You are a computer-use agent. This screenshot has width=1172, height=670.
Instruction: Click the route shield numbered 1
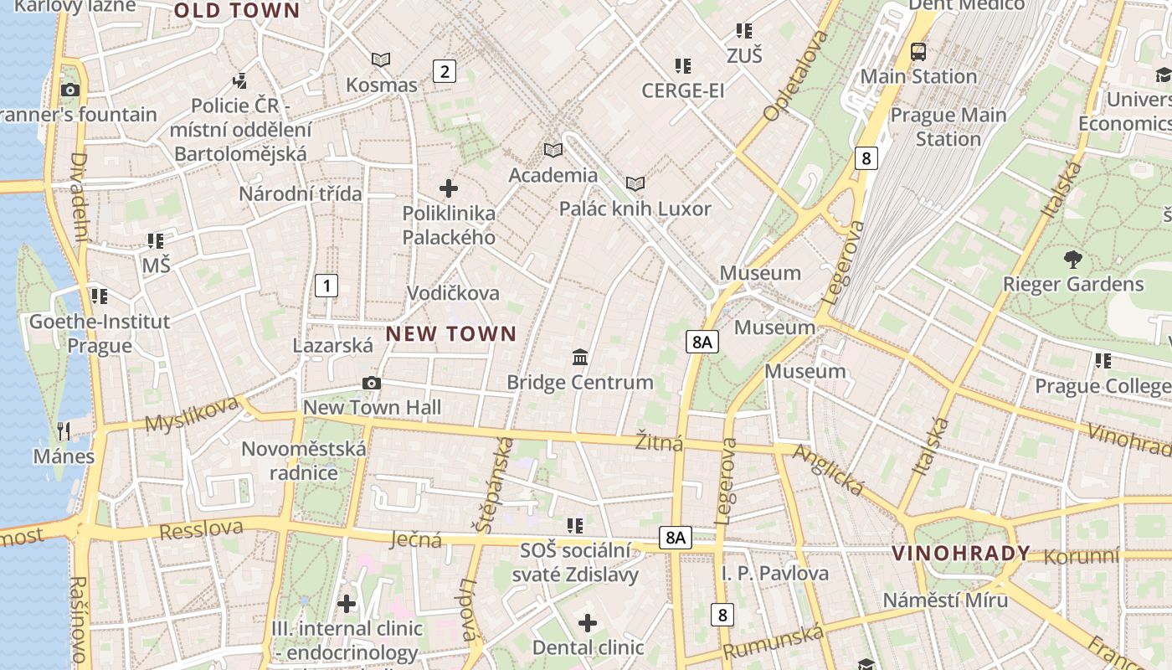(x=326, y=285)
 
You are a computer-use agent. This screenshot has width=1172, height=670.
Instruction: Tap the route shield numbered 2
(x=445, y=71)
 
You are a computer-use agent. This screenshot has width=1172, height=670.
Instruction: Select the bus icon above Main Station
(x=918, y=52)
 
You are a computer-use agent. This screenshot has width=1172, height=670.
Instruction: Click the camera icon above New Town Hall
(x=372, y=384)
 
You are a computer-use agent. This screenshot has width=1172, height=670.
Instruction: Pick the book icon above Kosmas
(x=381, y=60)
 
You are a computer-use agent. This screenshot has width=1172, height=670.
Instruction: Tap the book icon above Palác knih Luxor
(x=635, y=183)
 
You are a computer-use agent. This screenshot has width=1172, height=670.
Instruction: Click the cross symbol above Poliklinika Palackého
(x=449, y=188)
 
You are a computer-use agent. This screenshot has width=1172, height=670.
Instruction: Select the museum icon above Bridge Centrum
(x=579, y=358)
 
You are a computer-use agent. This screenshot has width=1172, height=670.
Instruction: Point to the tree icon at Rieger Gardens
(x=1072, y=260)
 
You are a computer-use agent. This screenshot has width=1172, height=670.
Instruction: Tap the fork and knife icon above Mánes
(x=64, y=431)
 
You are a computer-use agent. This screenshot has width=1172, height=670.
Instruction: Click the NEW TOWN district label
(x=451, y=333)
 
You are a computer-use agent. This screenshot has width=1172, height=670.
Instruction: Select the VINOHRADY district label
(x=960, y=553)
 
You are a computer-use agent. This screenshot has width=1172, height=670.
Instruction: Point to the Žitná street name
(x=659, y=442)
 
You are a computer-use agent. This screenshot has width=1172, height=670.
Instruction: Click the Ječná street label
(x=416, y=539)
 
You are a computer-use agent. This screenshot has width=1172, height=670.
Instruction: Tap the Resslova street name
(x=201, y=530)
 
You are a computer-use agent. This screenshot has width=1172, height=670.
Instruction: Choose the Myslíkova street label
(x=192, y=415)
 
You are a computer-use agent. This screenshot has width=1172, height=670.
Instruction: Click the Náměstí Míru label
(x=945, y=600)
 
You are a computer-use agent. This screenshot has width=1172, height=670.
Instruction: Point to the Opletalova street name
(x=795, y=75)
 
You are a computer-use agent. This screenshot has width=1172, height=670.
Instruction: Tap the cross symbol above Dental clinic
(x=588, y=623)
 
